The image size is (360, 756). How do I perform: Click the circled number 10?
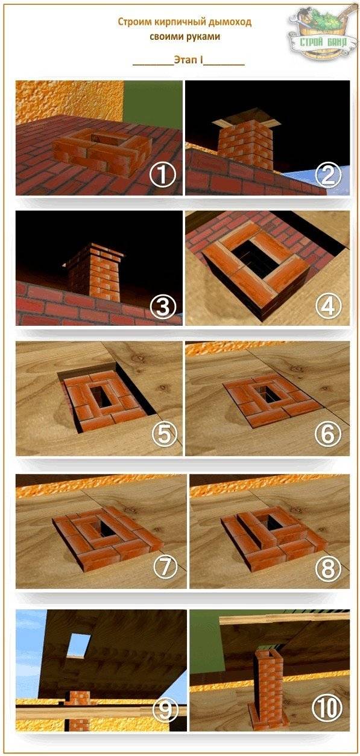(329, 708)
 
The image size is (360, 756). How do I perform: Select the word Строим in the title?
(134, 22)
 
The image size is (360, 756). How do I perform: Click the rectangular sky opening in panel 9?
(78, 645)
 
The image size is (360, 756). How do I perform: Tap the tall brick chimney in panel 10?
(267, 688)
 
